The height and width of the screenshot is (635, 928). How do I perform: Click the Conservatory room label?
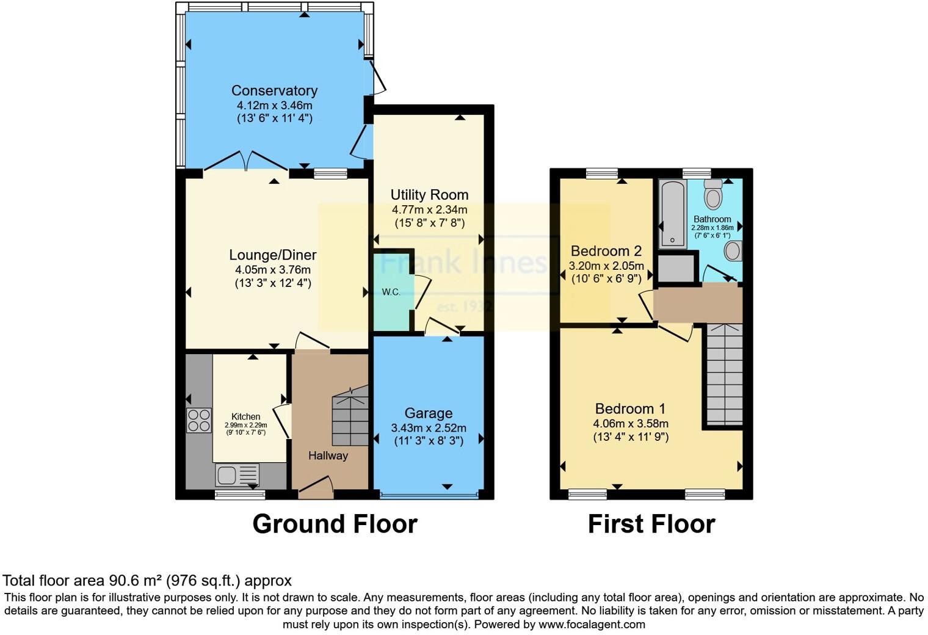tap(274, 91)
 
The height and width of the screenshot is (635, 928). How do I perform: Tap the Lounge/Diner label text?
tap(272, 255)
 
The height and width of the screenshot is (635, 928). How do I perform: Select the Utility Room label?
tap(429, 195)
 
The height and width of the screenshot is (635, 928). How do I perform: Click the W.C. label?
tap(391, 292)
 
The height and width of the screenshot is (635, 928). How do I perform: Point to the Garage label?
tap(428, 413)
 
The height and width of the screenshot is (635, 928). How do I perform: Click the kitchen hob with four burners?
tap(199, 420)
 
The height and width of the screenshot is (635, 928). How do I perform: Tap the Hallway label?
tap(328, 455)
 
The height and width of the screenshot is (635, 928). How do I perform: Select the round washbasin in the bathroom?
tap(733, 250)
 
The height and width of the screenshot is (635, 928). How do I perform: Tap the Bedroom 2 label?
tap(606, 251)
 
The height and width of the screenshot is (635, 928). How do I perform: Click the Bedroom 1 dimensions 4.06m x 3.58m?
tap(630, 423)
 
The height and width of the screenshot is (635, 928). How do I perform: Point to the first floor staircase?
tap(724, 376)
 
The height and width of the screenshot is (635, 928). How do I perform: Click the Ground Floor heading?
tap(335, 524)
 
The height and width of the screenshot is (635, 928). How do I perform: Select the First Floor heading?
tap(651, 524)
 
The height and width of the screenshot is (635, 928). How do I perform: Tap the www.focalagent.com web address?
tap(592, 624)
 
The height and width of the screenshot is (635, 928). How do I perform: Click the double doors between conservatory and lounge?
tap(245, 161)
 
